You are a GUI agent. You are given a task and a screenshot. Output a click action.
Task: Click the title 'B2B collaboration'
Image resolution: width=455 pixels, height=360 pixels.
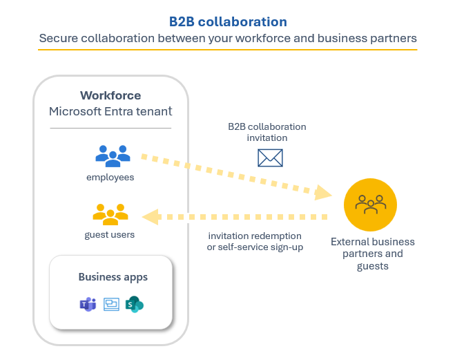point(227,21)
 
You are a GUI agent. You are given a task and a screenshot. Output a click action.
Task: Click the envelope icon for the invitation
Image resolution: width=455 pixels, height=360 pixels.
point(270,158)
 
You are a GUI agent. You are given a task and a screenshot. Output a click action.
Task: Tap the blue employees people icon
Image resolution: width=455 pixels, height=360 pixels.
point(113,155)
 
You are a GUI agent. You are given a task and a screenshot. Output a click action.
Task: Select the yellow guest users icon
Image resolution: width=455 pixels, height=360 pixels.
point(111,214)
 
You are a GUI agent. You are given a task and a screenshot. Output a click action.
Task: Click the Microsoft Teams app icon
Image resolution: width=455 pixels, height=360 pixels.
point(87,303)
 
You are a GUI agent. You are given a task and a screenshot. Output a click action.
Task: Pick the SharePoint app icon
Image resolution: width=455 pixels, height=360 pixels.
point(135,303)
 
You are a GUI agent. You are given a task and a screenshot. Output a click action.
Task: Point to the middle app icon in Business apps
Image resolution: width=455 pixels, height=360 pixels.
point(111,303)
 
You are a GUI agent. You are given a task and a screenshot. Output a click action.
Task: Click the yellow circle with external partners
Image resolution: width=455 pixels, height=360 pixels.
point(371,204)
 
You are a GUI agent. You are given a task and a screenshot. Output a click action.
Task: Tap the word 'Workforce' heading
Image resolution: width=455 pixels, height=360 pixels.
point(110,95)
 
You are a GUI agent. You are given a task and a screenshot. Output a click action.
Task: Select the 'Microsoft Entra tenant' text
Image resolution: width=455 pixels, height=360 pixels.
point(110,111)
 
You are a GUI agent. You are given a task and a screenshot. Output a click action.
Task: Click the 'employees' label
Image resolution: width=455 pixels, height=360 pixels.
point(110,178)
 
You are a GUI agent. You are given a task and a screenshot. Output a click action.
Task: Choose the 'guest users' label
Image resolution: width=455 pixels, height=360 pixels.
point(110,235)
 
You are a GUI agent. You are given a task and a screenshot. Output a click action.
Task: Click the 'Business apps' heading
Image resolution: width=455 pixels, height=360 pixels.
point(113,277)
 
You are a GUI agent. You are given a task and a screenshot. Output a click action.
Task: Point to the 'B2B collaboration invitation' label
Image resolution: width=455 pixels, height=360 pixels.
point(267,132)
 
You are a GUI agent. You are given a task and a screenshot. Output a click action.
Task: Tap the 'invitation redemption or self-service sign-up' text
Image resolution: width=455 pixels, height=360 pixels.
point(255,241)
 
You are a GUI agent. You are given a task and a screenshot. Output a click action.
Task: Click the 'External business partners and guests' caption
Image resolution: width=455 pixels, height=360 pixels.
point(373,254)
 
